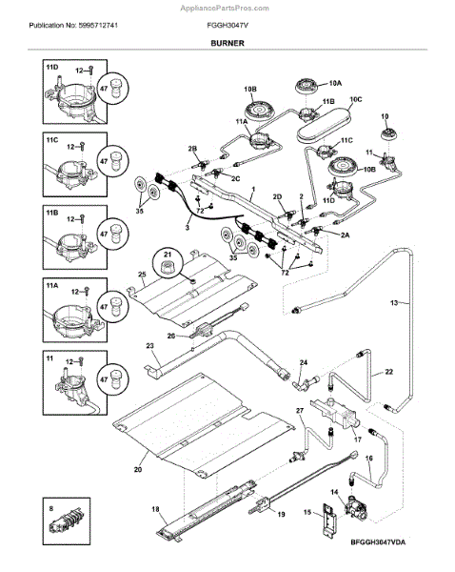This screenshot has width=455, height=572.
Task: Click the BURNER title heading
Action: tap(227, 43)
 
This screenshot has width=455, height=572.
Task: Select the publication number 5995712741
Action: tap(98, 26)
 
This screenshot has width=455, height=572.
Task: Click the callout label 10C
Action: tap(356, 99)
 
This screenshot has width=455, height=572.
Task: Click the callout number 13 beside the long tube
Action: tap(394, 302)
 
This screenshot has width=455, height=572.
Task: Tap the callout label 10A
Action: tap(335, 83)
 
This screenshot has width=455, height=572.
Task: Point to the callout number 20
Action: tap(138, 469)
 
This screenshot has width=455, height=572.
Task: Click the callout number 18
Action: tap(155, 509)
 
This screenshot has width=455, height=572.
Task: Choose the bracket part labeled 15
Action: tap(329, 520)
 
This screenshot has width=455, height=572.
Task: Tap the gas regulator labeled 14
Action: tap(356, 507)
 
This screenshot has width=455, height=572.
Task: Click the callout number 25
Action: tap(142, 274)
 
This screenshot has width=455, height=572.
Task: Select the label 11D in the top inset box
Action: tap(52, 68)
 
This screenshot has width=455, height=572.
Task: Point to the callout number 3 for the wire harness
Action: tap(188, 228)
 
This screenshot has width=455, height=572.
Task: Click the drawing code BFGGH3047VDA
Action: tap(378, 542)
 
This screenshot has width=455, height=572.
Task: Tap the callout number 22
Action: tap(389, 372)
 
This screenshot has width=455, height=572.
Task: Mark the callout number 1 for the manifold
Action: tap(253, 190)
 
